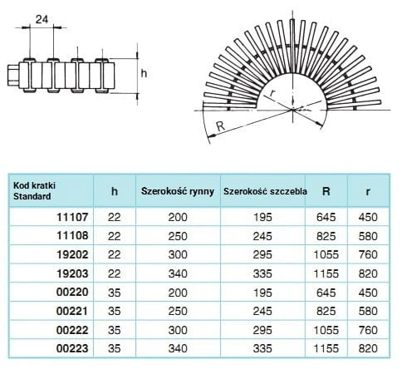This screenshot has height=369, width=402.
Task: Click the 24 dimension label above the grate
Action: (42, 19)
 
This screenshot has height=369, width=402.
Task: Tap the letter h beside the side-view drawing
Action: (144, 73)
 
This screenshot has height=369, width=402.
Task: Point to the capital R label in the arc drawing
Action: (220, 126)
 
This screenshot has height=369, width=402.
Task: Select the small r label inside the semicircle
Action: (272, 93)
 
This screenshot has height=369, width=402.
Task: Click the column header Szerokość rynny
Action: (178, 191)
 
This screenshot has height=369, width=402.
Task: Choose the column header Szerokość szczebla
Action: (265, 191)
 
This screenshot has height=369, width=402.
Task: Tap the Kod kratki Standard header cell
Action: (34, 191)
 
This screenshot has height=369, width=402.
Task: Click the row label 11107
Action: (72, 217)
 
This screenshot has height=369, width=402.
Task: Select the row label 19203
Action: (72, 273)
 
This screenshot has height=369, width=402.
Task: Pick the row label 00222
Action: (72, 330)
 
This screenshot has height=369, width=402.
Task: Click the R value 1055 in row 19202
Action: (326, 254)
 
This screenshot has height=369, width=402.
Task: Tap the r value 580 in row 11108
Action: (368, 236)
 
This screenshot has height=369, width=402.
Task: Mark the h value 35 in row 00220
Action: (115, 293)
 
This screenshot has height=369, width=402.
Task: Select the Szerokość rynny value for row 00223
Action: (178, 348)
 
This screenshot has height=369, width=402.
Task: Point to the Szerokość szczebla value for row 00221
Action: (262, 312)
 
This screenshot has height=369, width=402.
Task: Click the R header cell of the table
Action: (326, 191)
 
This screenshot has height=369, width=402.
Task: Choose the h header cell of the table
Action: (115, 191)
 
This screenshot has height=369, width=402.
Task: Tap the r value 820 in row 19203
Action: (368, 273)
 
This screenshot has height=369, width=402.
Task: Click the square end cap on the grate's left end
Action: (13, 76)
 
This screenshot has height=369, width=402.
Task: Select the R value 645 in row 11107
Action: (326, 217)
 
